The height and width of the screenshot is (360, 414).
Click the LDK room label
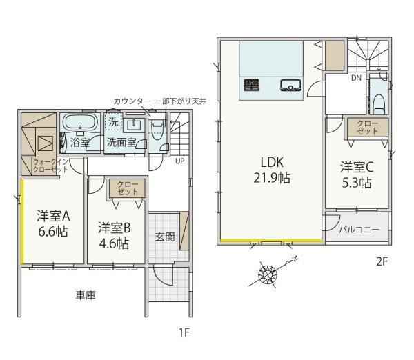(273, 162)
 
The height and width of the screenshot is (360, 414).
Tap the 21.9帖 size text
(272, 178)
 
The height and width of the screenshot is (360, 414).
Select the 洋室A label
(53, 216)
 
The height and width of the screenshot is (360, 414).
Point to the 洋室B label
(115, 228)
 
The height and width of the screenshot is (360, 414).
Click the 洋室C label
(357, 167)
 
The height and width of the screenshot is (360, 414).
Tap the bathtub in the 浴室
(80, 122)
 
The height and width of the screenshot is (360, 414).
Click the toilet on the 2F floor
(379, 104)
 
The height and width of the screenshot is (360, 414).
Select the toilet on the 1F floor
(157, 130)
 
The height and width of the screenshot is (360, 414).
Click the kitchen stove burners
(251, 85)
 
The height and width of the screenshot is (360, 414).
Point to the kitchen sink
(290, 86)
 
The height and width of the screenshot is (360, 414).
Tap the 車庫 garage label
(86, 295)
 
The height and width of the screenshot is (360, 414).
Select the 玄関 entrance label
(165, 237)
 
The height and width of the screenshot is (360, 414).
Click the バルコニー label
(359, 230)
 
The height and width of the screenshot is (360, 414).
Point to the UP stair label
(180, 161)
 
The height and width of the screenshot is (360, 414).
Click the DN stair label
(356, 78)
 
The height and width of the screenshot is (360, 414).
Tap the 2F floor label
(382, 261)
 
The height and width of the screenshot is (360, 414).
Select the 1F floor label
(184, 332)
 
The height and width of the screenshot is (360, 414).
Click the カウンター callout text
(132, 101)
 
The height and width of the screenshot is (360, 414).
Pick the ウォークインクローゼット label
(50, 166)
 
